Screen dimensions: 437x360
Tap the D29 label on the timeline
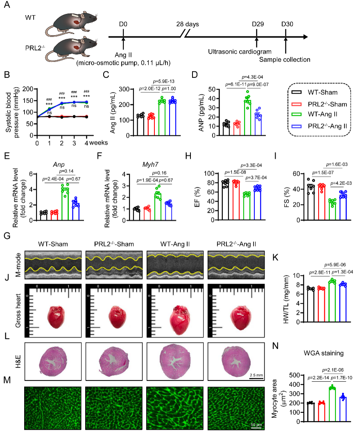[257, 24]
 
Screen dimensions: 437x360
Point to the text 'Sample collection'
[285, 60]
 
